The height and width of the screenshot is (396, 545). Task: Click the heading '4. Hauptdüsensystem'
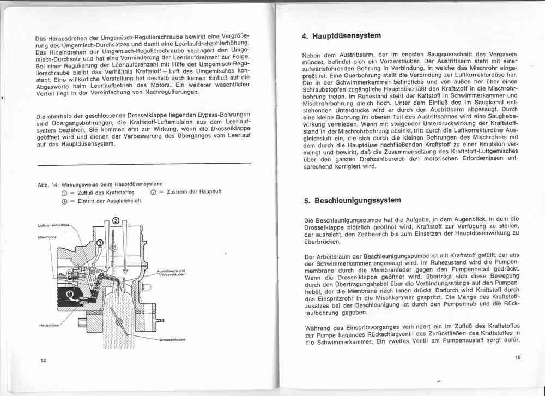[x=341, y=36]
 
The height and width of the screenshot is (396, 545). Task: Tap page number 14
[x=43, y=361]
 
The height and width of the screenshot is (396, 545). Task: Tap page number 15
[x=517, y=358]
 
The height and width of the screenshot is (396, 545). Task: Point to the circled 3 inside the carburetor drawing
[x=100, y=243]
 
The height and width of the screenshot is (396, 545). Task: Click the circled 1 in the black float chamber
[x=69, y=295]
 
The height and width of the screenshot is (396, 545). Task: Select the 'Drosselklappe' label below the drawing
[x=172, y=339]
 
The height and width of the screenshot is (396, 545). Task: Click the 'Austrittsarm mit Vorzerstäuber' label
[x=171, y=273]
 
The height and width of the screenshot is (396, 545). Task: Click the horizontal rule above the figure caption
[x=143, y=163]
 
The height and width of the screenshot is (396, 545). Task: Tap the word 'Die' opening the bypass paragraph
[x=41, y=116]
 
